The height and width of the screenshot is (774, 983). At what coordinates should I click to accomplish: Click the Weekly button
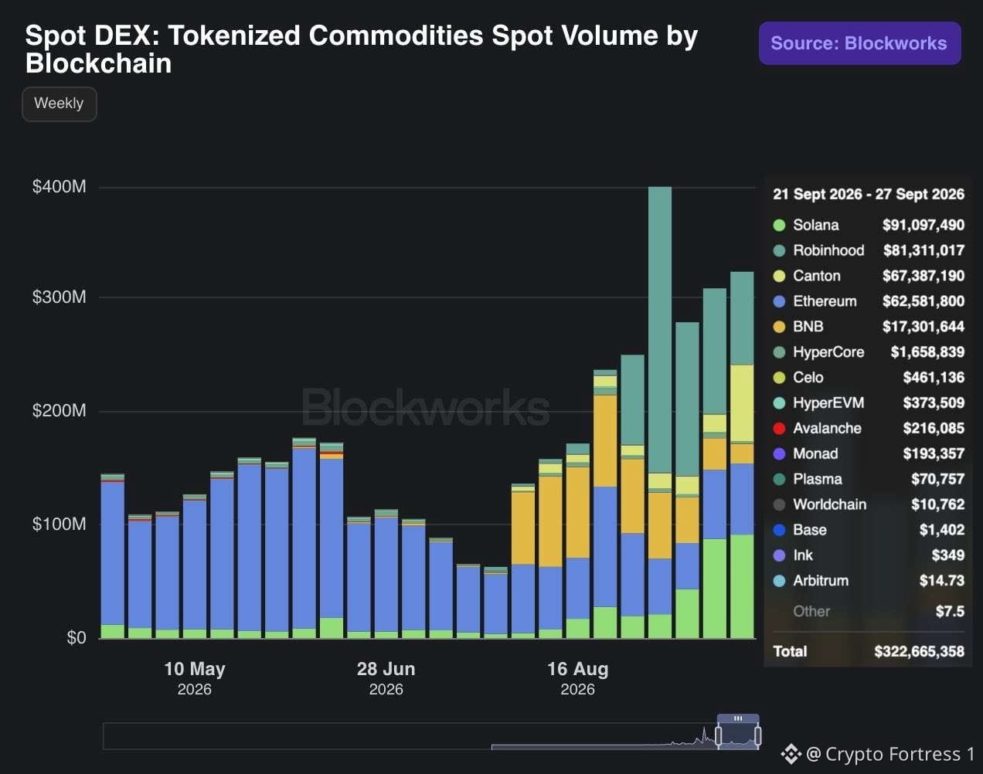point(60,104)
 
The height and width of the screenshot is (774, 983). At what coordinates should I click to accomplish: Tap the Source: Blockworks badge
point(859,43)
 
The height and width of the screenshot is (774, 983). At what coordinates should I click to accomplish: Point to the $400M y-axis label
point(59,186)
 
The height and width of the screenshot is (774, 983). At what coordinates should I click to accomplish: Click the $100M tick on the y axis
point(59,524)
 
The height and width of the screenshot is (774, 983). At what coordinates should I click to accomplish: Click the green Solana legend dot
point(779,225)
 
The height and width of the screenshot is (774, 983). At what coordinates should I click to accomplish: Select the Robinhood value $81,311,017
point(923,250)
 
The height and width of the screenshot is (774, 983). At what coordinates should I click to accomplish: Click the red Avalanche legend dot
point(779,428)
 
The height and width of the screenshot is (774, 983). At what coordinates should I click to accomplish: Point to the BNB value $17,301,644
point(923,327)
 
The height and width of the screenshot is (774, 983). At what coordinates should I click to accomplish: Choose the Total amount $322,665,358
point(919,651)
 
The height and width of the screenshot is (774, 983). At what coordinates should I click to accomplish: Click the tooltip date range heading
point(869,194)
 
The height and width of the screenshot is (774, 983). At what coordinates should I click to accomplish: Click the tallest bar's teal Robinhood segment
point(660,330)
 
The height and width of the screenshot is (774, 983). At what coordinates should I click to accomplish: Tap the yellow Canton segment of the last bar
point(742,403)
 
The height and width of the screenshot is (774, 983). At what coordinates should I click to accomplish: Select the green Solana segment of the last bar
point(742,586)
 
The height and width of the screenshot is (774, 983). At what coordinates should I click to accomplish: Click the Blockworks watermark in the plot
point(426,407)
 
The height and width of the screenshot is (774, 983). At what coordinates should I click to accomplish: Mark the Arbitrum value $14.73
point(942,580)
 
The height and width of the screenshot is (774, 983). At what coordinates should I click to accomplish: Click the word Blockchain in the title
point(98,63)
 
